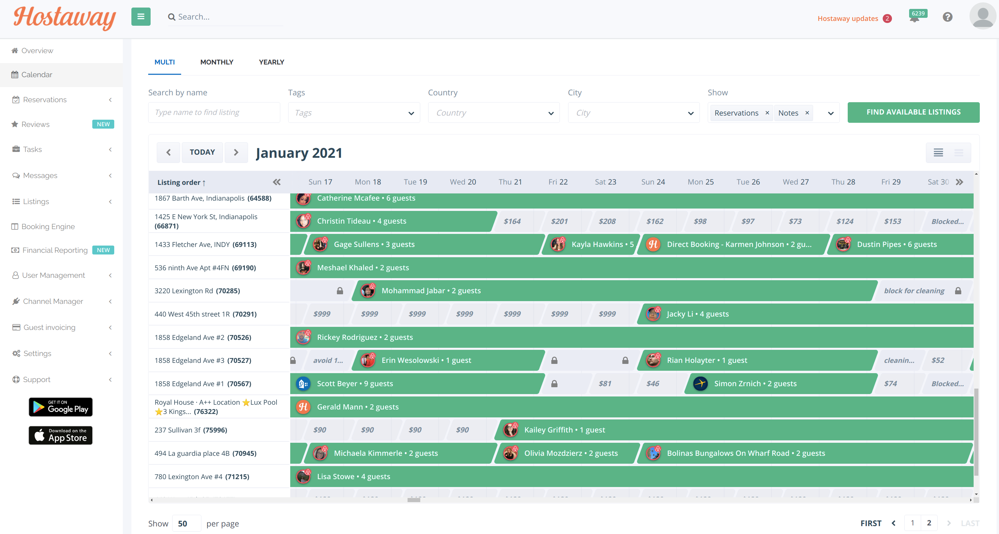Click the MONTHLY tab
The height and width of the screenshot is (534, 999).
point(216,62)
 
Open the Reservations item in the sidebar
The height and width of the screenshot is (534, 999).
point(45,100)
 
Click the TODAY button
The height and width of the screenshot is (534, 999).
point(202,152)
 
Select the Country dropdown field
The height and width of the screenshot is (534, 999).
point(493,113)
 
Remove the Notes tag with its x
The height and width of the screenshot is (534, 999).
point(807,112)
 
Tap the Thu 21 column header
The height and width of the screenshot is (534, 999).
point(510,182)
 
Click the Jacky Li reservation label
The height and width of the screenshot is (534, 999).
point(697,314)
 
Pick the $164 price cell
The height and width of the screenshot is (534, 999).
point(512,221)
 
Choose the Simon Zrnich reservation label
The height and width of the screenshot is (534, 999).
point(755,383)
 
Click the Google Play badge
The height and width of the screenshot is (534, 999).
point(60,407)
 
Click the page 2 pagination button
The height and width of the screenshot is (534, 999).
point(929,523)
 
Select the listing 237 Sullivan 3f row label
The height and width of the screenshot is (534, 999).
point(190,430)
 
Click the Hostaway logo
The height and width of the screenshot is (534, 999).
point(64,18)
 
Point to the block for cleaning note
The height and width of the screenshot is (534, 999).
point(914,290)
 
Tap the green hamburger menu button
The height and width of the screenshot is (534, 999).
point(141,17)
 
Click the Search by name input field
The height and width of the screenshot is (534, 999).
point(214,112)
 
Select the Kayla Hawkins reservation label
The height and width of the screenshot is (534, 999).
point(602,244)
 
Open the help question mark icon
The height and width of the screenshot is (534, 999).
point(948,17)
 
